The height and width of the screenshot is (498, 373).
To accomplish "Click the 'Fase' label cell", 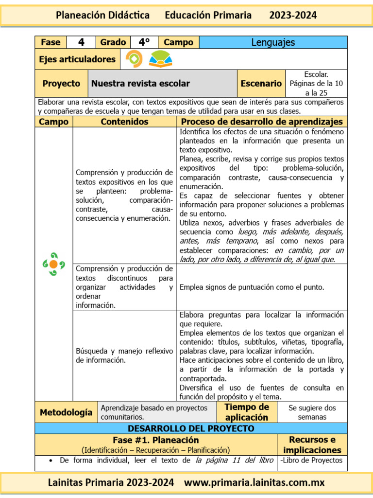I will [51, 42].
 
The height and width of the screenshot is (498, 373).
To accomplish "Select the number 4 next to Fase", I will [81, 42].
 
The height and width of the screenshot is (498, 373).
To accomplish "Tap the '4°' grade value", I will [144, 42].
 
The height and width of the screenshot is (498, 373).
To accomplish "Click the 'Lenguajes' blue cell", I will [273, 42].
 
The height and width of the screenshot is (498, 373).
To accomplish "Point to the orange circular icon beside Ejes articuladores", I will [134, 59].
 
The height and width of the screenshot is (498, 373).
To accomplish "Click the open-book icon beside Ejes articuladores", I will [160, 59].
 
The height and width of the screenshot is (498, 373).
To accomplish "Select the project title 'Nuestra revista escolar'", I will [140, 84].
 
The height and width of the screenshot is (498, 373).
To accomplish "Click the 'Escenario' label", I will [261, 84].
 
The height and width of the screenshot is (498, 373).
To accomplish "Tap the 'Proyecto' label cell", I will [61, 84].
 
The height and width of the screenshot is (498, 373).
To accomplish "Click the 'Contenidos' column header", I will [124, 122].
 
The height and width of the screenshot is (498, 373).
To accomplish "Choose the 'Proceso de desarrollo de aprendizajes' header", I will [262, 122].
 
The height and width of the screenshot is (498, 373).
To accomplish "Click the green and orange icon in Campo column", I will [53, 264].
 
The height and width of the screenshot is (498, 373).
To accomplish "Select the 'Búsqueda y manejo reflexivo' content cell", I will [124, 356].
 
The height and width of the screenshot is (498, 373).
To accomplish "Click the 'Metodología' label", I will [66, 412].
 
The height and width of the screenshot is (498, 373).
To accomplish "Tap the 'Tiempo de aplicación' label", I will [247, 412].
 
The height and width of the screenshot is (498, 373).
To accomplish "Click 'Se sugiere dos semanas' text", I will [312, 412].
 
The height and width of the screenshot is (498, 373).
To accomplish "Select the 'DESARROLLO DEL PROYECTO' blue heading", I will [191, 428].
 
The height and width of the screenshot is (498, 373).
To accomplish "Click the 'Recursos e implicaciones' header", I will [312, 445].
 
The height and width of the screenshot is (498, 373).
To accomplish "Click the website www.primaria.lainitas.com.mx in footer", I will [254, 483].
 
